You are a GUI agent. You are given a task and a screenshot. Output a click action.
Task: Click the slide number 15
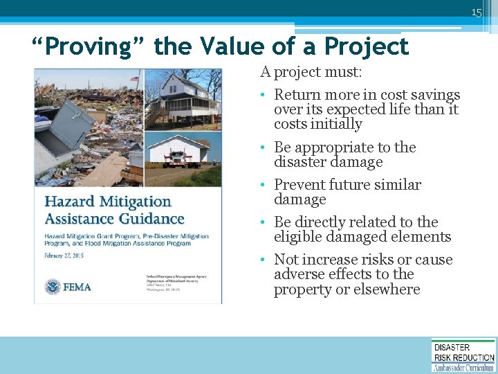tap(476, 12)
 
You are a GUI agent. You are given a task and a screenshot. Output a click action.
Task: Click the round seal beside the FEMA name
tap(53, 286)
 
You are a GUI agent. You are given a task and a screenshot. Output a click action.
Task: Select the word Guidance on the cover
tap(149, 219)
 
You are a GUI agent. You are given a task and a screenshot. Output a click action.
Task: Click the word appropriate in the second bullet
tap(343, 148)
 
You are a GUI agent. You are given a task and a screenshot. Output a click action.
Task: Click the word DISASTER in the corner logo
tap(452, 347)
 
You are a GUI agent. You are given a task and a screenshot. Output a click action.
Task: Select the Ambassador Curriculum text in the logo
tap(463, 367)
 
